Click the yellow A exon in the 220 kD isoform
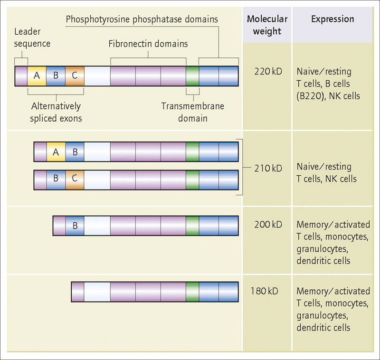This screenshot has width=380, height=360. [x=37, y=76]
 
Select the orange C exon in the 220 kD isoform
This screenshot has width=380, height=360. [x=75, y=76]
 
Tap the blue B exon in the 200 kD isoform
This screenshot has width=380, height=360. [x=75, y=226]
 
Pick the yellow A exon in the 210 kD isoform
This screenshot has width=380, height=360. [x=56, y=152]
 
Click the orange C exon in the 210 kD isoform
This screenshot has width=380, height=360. [x=75, y=180]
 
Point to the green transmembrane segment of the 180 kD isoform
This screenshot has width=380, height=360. [x=193, y=292]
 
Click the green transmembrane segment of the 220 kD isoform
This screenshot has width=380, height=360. [x=193, y=76]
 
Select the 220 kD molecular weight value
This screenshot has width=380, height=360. [x=268, y=71]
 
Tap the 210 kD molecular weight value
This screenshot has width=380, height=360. [x=268, y=168]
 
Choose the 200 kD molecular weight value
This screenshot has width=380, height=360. [x=268, y=225]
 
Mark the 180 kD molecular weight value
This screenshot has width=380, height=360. [x=264, y=291]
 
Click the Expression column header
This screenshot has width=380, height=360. [x=332, y=19]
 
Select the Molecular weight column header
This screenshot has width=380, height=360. [x=267, y=25]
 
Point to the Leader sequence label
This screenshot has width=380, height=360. [x=32, y=38]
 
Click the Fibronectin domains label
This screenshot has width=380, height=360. [x=148, y=44]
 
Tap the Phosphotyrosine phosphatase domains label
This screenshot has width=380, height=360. [x=142, y=19]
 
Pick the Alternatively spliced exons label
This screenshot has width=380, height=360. [x=56, y=112]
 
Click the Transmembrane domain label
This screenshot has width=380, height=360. [x=193, y=112]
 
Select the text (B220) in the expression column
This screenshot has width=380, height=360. [x=310, y=96]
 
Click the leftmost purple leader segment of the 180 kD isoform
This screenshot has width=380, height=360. [x=78, y=292]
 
